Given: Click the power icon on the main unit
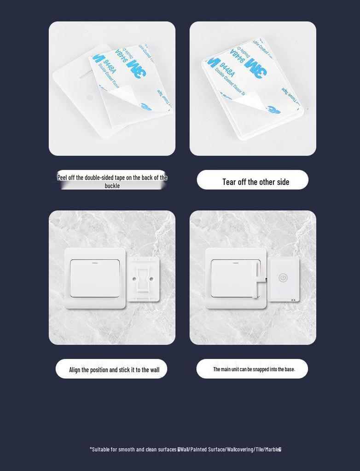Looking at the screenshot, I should click(283, 278).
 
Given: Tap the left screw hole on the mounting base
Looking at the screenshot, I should click(134, 279).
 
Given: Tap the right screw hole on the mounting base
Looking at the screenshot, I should click(151, 279).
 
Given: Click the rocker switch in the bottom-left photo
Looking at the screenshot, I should click(95, 278).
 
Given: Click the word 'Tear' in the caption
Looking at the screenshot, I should click(229, 182).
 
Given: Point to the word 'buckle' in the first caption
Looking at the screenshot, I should click(112, 186).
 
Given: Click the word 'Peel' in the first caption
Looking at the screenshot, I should click(62, 178).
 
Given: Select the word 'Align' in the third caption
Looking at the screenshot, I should click(75, 370).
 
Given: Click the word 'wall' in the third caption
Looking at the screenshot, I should click(154, 370).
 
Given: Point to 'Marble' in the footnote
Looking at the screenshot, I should click(272, 449).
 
